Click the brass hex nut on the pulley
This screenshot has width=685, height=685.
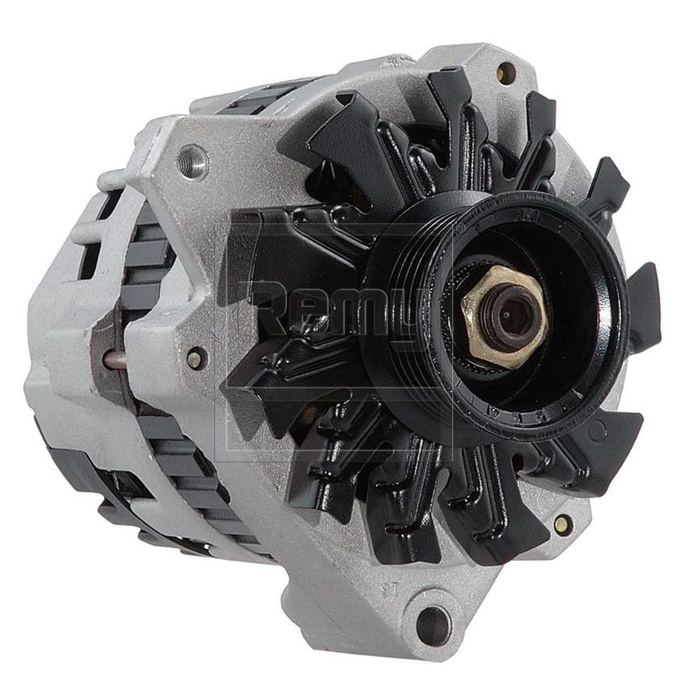[x=504, y=314]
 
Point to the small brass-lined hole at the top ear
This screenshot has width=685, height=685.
[x=506, y=73]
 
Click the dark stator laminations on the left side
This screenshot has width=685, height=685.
[x=149, y=266]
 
